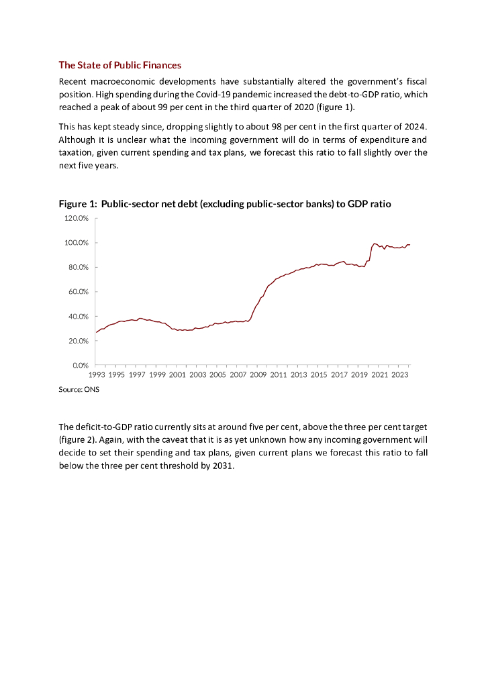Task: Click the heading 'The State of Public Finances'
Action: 120,65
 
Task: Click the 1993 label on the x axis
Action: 97,375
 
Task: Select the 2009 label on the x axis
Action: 258,375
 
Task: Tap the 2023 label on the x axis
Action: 399,375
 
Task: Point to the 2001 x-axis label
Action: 178,375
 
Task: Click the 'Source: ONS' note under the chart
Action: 79,390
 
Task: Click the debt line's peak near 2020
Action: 375,244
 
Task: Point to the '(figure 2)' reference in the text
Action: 79,439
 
